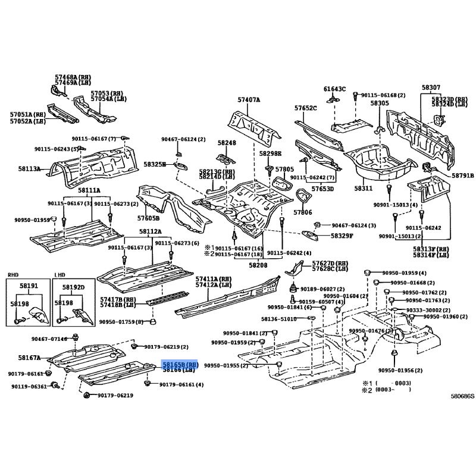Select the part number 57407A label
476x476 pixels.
pos(249,100)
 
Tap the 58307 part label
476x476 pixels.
pos(431,87)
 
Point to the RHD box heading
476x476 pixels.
pos(13,275)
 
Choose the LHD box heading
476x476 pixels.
pos(59,275)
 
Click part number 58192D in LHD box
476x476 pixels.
pos(74,286)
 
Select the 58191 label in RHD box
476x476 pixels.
pos(28,286)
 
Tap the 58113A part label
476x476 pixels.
pos(29,169)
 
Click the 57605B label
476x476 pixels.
pos(149,218)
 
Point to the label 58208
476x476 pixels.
pos(258,264)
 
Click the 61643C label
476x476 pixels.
pos(334,89)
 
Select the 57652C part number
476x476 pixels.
pos(305,108)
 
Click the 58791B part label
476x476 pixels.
pos(462,176)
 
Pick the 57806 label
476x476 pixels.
pos(303,212)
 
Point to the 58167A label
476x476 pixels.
pos(29,358)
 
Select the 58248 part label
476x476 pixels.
pos(226,143)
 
